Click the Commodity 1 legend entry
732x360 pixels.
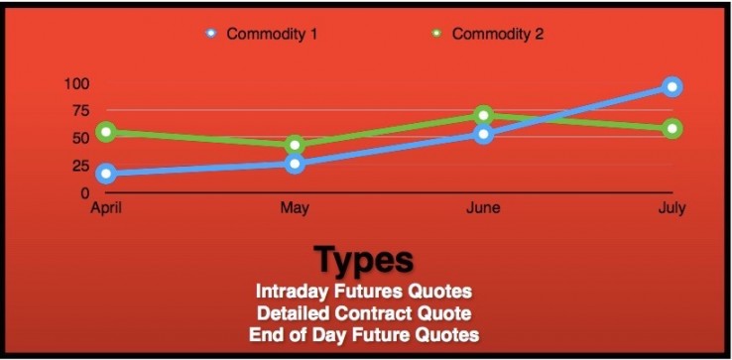pyautogui.click(x=262, y=34)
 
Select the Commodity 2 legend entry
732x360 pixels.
pyautogui.click(x=489, y=34)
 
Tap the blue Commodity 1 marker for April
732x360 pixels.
pyautogui.click(x=106, y=174)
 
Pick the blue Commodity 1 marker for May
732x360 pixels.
pyautogui.click(x=295, y=163)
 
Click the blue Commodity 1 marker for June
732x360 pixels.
pyautogui.click(x=483, y=133)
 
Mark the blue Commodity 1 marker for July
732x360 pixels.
pyautogui.click(x=671, y=87)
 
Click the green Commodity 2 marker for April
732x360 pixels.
pyautogui.click(x=106, y=132)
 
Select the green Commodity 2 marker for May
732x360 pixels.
pyautogui.click(x=295, y=146)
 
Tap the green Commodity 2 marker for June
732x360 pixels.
pyautogui.click(x=483, y=116)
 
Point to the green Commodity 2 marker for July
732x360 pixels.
pyautogui.click(x=671, y=129)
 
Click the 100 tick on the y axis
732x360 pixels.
pyautogui.click(x=76, y=82)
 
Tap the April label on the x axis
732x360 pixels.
pyautogui.click(x=106, y=208)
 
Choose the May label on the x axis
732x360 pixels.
pyautogui.click(x=295, y=208)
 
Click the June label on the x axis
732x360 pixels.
pyautogui.click(x=483, y=208)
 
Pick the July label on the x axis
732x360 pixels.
pyautogui.click(x=671, y=208)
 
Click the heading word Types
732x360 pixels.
pyautogui.click(x=364, y=260)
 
